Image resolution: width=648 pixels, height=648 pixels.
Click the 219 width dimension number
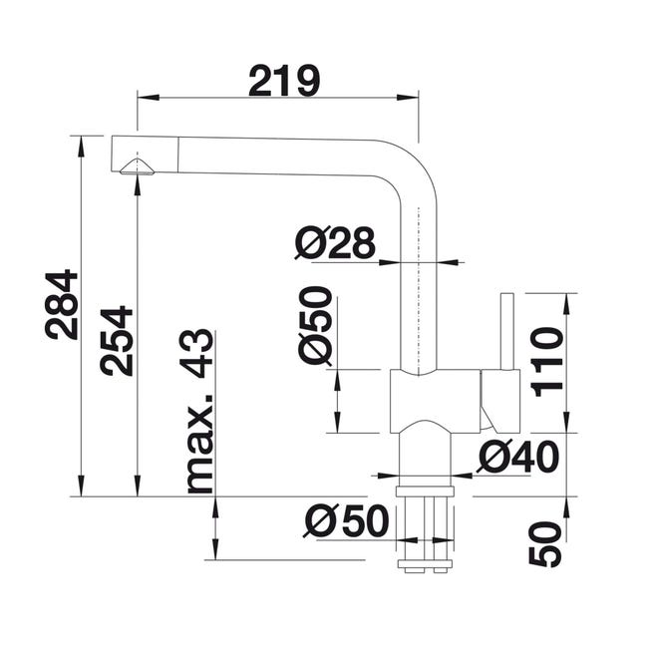284,80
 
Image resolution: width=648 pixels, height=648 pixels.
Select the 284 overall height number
62,305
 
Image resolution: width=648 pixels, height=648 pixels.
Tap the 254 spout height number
116,341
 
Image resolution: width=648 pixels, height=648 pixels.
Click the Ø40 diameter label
517,457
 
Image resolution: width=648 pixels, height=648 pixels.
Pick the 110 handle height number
546,362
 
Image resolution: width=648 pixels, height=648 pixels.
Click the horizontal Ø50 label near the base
346,520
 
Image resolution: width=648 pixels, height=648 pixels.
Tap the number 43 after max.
196,354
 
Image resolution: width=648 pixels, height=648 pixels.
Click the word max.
200,444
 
